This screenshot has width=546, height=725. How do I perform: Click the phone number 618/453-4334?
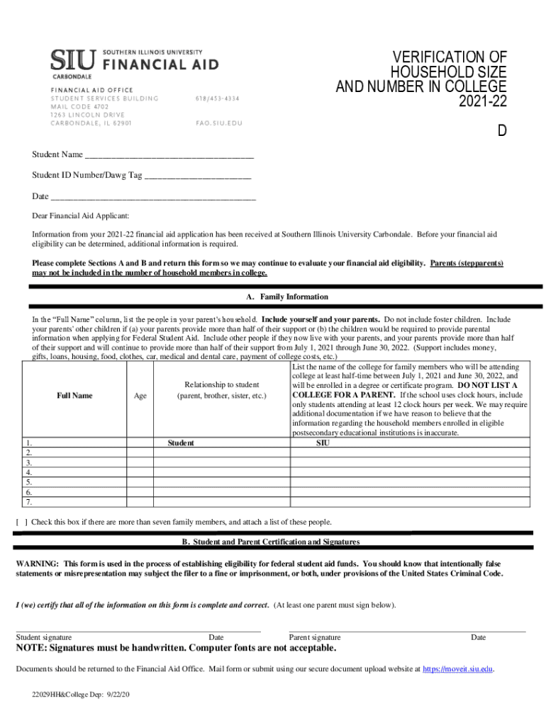218,98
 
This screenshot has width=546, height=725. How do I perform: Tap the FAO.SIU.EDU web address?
218,122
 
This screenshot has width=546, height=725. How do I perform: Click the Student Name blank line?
169,155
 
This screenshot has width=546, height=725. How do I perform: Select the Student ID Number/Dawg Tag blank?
197,175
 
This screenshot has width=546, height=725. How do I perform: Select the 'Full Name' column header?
74,396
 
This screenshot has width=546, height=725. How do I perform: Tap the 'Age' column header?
140,396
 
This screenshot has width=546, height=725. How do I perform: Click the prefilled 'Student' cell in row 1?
181,443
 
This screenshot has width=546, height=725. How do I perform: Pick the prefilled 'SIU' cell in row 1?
323,443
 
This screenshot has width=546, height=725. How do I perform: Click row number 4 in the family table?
29,472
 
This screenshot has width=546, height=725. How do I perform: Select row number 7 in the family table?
29,502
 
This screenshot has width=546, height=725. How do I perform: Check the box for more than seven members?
21,523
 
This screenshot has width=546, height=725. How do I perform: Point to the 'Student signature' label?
43,637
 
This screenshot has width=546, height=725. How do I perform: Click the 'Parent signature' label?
315,637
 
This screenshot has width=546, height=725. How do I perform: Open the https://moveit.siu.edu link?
457,668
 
